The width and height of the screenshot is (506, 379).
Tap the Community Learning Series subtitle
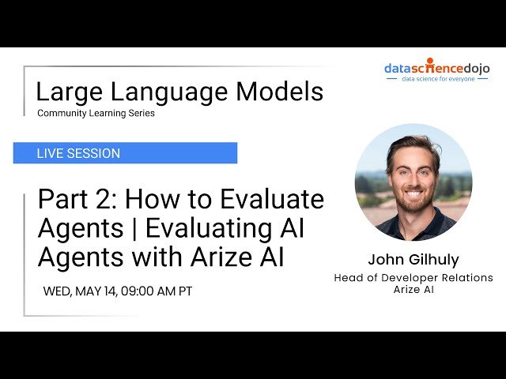[96, 113]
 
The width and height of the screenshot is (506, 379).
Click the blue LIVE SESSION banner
[125, 153]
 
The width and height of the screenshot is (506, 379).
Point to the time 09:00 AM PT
[158, 291]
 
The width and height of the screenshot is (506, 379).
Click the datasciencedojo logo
[436, 68]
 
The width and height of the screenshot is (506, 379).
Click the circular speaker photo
[413, 182]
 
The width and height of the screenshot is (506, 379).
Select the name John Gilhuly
[413, 260]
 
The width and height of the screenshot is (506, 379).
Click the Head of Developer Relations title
[413, 278]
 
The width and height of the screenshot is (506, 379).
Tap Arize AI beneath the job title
[413, 289]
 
